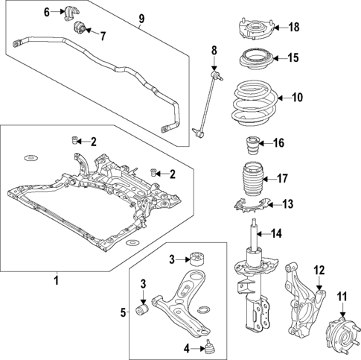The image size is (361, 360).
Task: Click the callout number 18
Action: pos(293,28)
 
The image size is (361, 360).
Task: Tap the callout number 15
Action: pos(293,57)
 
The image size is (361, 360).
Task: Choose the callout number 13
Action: pos(288,203)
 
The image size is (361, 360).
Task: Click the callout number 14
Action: pos(276,234)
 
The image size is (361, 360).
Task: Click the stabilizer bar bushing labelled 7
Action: pos(82,31)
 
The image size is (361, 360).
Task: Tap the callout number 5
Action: pos(124,312)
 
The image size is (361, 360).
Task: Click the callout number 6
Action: pos(46,12)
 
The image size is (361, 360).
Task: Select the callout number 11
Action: pos(343,297)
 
